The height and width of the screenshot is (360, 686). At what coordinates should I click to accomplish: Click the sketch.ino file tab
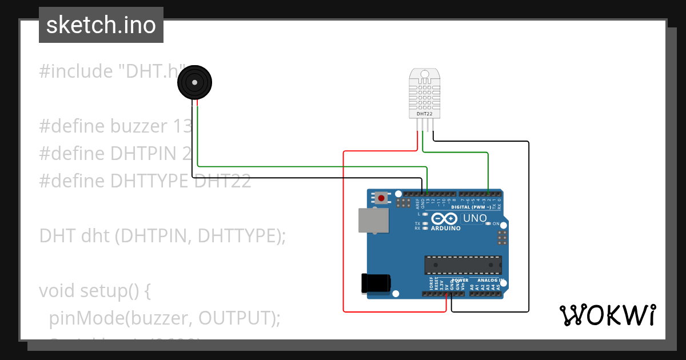pos(101,25)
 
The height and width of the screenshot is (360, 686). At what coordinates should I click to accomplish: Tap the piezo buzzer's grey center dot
pos(195,83)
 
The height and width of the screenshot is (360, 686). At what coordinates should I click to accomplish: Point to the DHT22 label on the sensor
pos(424,114)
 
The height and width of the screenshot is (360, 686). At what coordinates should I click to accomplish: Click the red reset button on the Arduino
pos(381,198)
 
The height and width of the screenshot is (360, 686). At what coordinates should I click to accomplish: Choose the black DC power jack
pos(376,284)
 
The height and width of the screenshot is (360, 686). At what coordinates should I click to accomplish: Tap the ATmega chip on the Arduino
pos(463,265)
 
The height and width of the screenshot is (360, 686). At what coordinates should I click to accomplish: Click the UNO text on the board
pos(474,218)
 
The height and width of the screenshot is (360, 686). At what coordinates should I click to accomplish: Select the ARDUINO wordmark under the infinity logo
pos(445,228)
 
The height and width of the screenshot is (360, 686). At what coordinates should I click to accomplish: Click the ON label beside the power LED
pos(496,223)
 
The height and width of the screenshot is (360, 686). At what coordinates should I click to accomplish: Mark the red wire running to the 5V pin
pos(343,229)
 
